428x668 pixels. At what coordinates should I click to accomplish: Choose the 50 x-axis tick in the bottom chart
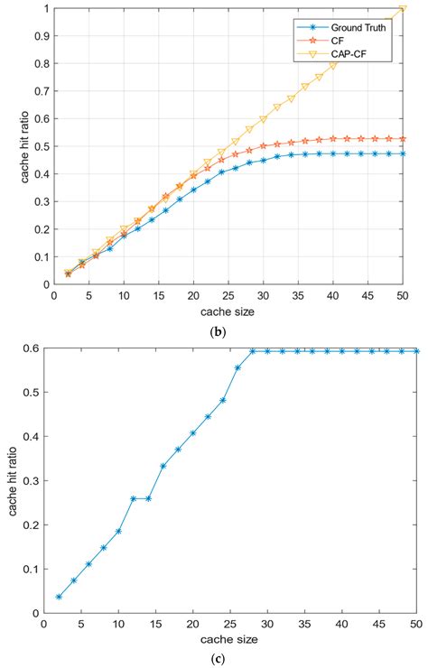pos(416,624)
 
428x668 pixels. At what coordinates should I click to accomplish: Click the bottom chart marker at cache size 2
pos(59,597)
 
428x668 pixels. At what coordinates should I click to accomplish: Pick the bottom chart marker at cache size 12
pos(134,498)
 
